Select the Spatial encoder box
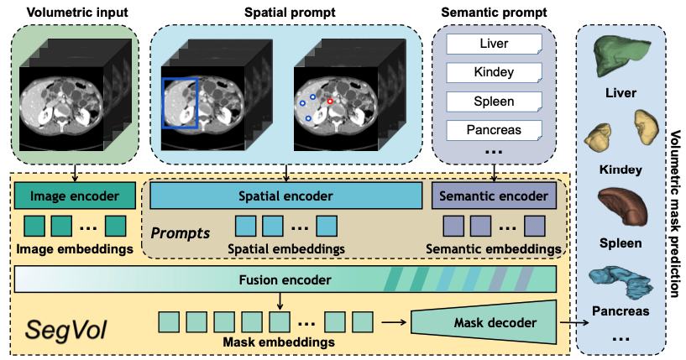(x=285, y=196)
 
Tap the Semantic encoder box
(x=494, y=196)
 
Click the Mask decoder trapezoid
(x=484, y=320)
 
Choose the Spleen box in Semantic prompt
(x=494, y=102)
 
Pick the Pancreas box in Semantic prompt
(x=494, y=130)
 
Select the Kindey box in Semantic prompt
(x=494, y=73)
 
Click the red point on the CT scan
(x=330, y=100)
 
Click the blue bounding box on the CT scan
(x=181, y=103)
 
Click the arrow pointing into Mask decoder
(x=391, y=321)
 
